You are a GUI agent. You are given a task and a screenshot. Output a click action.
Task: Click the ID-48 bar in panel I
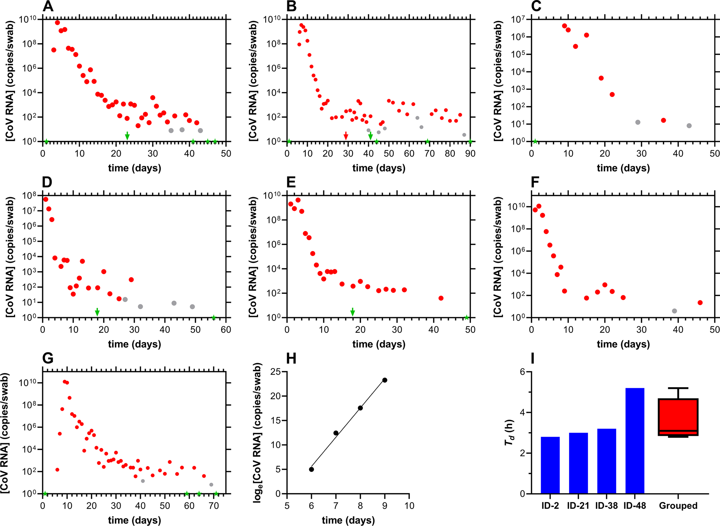click(x=634, y=441)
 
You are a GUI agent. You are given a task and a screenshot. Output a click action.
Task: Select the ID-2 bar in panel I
click(x=550, y=465)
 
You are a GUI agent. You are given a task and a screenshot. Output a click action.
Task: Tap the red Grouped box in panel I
click(x=678, y=417)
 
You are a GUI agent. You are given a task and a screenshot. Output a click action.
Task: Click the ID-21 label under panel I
click(x=578, y=506)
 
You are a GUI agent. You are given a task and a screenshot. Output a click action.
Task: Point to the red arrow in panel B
click(x=346, y=136)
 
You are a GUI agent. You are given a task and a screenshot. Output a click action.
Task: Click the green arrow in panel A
click(x=127, y=136)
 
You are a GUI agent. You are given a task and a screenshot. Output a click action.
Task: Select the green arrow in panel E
click(x=353, y=312)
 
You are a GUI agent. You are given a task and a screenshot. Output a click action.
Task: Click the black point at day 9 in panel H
click(x=385, y=380)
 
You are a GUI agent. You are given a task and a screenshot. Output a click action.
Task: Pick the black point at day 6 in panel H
click(x=311, y=469)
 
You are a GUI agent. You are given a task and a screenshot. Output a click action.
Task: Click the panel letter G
click(x=48, y=358)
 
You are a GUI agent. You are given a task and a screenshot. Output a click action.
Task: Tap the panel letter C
click(x=536, y=6)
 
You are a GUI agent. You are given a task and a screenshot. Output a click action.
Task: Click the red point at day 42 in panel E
click(x=441, y=298)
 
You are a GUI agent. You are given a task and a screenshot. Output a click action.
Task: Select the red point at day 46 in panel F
click(x=700, y=302)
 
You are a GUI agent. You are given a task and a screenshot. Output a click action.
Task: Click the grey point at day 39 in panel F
click(x=675, y=311)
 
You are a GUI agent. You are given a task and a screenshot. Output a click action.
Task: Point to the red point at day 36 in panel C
click(x=663, y=120)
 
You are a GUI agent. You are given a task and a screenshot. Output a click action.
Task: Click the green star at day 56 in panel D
click(x=214, y=318)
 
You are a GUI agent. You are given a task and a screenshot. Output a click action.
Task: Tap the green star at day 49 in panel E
click(x=467, y=318)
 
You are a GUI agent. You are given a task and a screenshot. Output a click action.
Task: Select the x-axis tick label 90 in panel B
click(x=470, y=154)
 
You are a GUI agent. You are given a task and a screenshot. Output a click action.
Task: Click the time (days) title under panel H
click(x=348, y=520)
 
